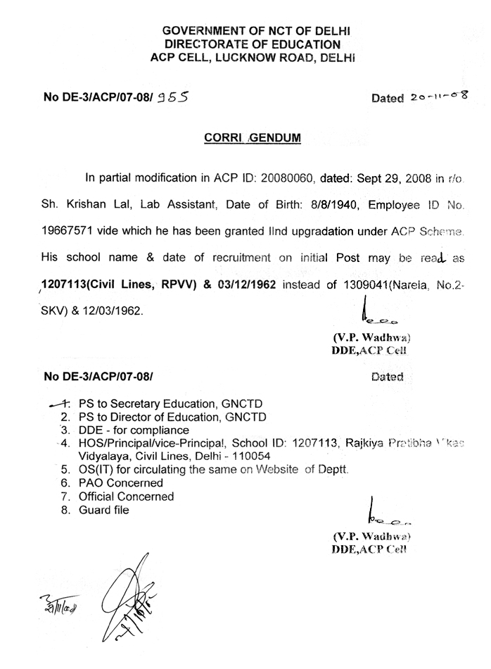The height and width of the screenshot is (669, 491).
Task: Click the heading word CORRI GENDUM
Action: [x=247, y=138]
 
